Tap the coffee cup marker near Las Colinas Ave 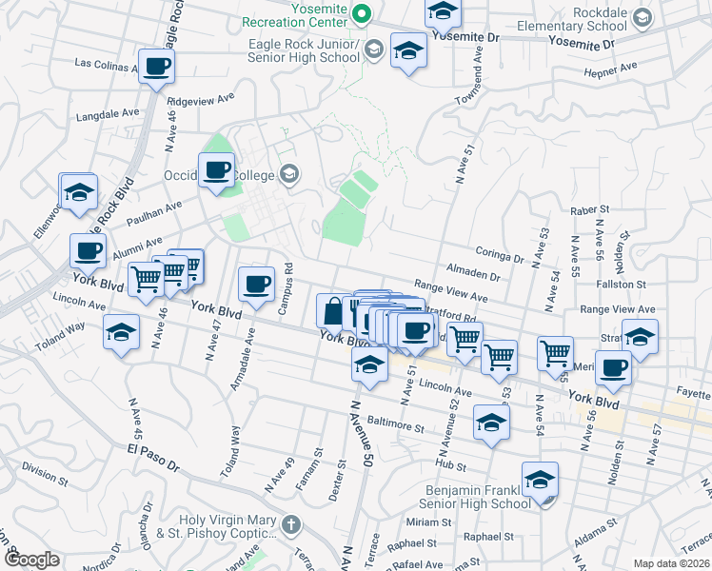(x=156, y=68)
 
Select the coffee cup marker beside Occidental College (x=216, y=170)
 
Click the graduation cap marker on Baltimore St (x=491, y=423)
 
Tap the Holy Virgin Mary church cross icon (x=291, y=523)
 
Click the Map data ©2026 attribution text (x=672, y=563)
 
